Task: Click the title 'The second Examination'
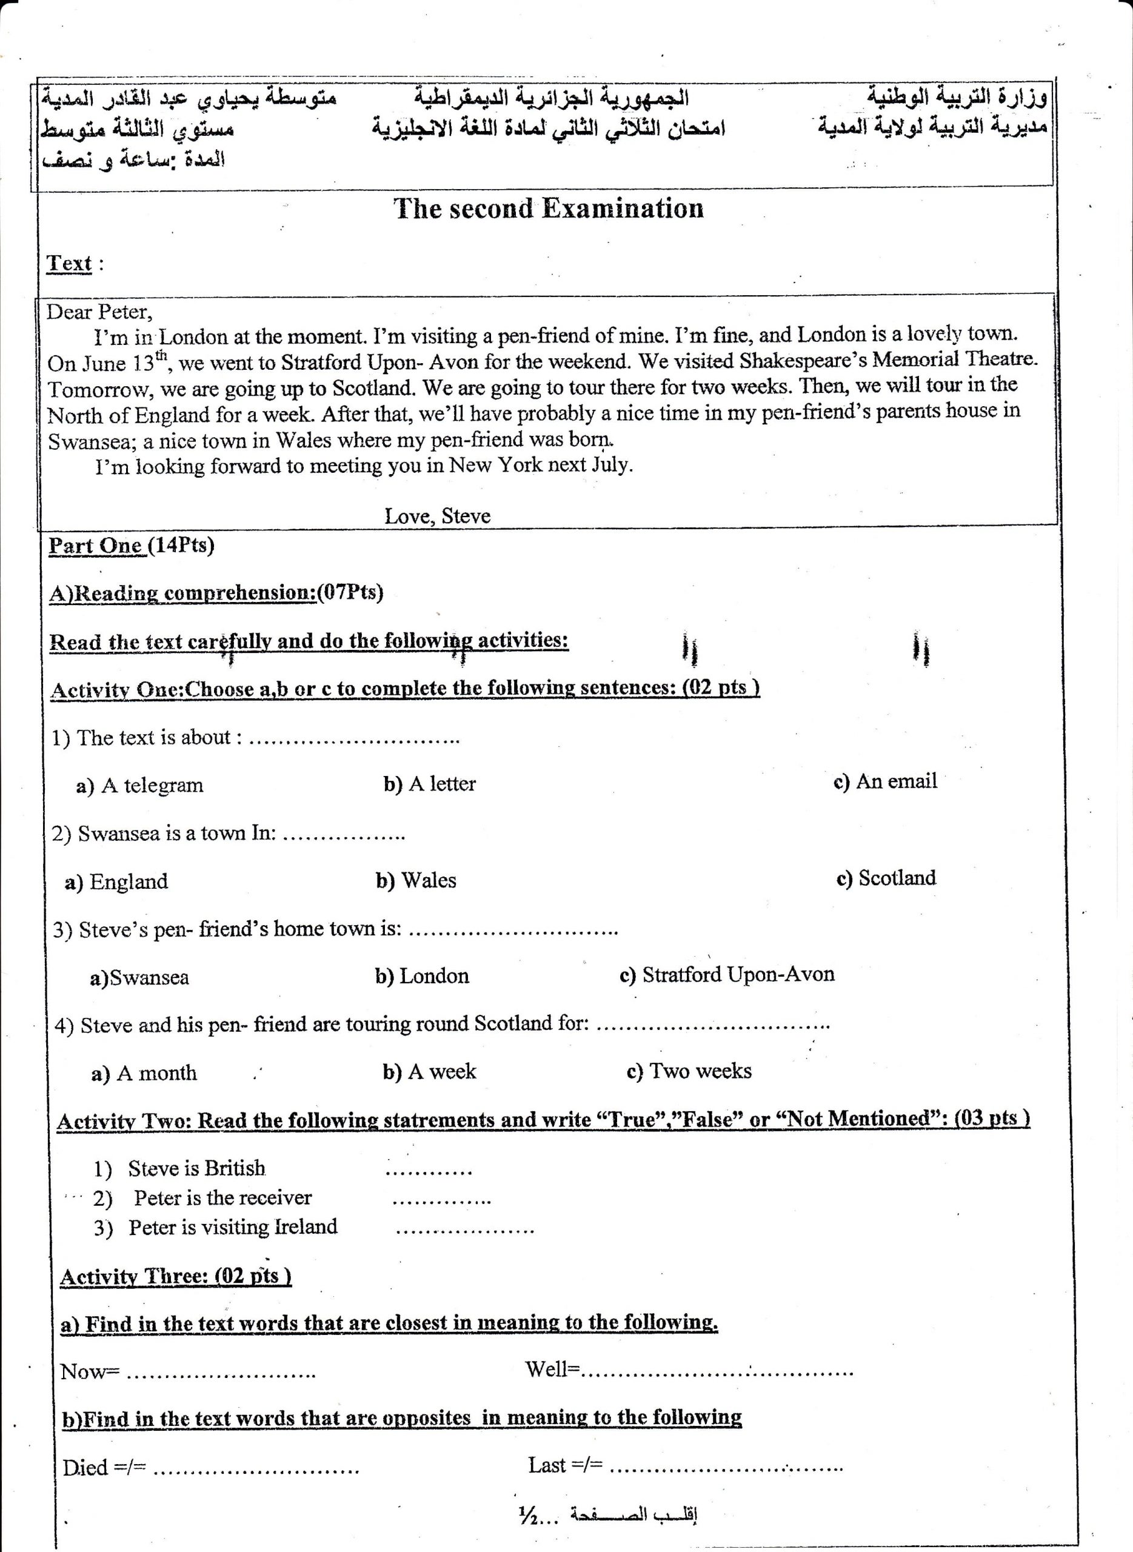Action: tap(548, 209)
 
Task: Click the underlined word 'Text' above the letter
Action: tap(69, 263)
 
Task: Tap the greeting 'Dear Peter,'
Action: tap(99, 313)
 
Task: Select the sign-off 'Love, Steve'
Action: tap(437, 516)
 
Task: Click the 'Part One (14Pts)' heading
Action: tap(131, 546)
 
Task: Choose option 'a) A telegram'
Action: tap(140, 785)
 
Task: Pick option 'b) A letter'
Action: tap(429, 784)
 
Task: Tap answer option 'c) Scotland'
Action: tap(886, 878)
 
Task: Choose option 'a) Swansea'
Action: tap(139, 977)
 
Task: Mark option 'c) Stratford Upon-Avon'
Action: tap(726, 974)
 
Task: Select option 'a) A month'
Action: tap(144, 1073)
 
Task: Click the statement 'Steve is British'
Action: tap(196, 1168)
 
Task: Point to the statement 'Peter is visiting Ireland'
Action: tap(233, 1227)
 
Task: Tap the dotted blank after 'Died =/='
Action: tap(255, 1468)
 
